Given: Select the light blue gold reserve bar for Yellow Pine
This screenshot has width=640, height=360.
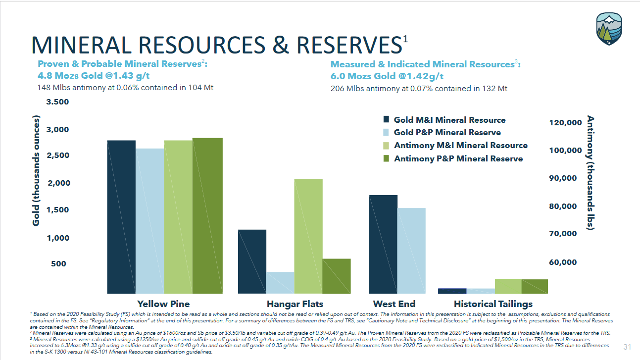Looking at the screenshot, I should pos(149,221).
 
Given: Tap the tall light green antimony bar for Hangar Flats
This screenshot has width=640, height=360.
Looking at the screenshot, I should pos(308,236).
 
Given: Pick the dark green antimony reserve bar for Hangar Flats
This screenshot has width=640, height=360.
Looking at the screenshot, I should pos(337,276).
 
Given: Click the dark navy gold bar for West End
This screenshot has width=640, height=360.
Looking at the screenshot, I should pos(384,244).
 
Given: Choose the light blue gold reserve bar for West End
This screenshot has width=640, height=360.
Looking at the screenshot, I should pos(411,250).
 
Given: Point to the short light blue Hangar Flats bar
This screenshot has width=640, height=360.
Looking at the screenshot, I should pos(280,282).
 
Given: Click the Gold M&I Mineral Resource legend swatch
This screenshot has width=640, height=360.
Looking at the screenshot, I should pos(387,119).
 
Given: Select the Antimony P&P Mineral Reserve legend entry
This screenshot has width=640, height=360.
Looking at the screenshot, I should pos(458,158).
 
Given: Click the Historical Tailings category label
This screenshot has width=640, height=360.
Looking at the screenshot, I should pos(493,304).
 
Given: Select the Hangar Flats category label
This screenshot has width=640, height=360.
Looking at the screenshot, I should pos(295,304).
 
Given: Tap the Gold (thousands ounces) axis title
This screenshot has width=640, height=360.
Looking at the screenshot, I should pos(36,170).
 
